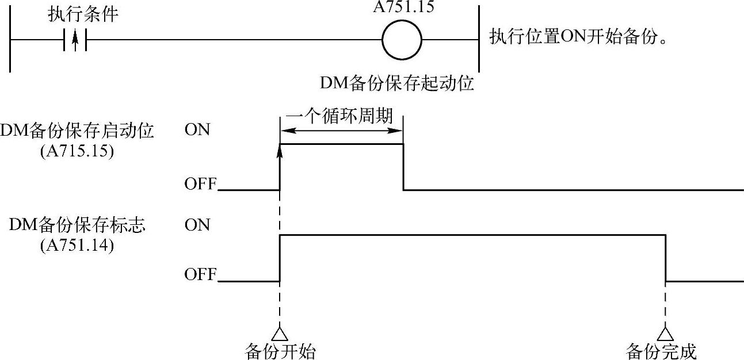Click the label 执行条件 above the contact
click(x=83, y=14)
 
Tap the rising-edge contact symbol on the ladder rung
click(x=75, y=41)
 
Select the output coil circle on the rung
click(x=402, y=41)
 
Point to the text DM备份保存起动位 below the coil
click(x=397, y=84)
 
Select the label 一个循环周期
click(x=339, y=117)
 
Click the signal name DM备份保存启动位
click(x=77, y=131)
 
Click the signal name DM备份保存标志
click(x=77, y=225)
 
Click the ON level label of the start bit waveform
click(x=197, y=130)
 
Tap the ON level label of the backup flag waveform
click(x=197, y=225)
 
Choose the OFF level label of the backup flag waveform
click(x=200, y=275)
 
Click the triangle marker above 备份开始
click(x=280, y=334)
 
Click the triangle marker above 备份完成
click(x=666, y=334)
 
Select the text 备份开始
click(x=280, y=351)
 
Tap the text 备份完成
click(x=661, y=351)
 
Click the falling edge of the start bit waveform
click(x=403, y=167)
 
